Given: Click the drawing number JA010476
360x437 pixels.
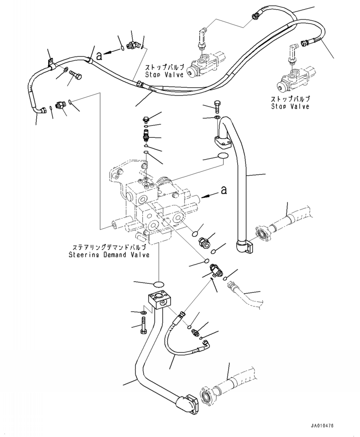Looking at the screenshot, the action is pyautogui.click(x=322, y=426).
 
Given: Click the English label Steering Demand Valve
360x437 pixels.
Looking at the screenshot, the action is pyautogui.click(x=109, y=255).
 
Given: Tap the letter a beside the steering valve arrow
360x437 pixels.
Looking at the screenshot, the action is pyautogui.click(x=224, y=190).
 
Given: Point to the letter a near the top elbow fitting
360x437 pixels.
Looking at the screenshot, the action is pyautogui.click(x=99, y=56).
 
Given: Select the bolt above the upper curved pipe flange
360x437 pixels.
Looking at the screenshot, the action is pyautogui.click(x=217, y=106).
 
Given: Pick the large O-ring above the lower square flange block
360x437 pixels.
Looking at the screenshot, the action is pyautogui.click(x=159, y=284).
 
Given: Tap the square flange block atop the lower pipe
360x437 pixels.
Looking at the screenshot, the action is pyautogui.click(x=159, y=300).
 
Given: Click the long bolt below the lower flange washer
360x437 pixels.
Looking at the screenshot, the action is pyautogui.click(x=143, y=324).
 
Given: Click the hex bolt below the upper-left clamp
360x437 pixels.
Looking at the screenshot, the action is pyautogui.click(x=75, y=74).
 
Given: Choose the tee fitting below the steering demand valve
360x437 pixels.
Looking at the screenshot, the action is pyautogui.click(x=215, y=270).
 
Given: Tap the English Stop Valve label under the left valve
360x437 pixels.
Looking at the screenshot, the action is pyautogui.click(x=164, y=75).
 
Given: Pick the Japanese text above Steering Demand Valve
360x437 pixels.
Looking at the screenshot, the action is pyautogui.click(x=109, y=247).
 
